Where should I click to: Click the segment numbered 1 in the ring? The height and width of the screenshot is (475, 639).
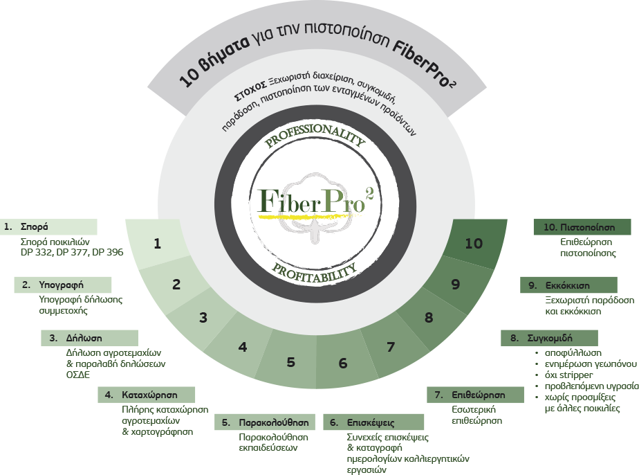(157, 244)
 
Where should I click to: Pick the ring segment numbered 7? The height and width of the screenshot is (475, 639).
(390, 347)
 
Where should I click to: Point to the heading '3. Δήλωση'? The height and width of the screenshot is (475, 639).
(76, 338)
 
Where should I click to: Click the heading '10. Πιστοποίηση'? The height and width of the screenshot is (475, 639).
(579, 227)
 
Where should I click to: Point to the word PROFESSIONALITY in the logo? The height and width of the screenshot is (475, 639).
(315, 134)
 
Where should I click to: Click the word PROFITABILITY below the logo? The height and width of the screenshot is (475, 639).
(314, 272)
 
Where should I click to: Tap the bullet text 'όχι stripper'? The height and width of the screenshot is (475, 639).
(569, 375)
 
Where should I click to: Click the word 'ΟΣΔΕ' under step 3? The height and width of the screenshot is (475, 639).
(78, 375)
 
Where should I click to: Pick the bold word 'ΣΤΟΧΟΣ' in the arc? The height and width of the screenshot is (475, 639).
(250, 91)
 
